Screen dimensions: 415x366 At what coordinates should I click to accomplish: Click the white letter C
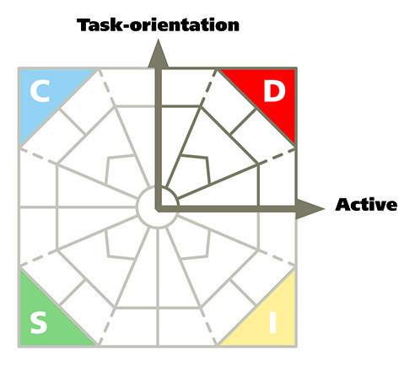40,91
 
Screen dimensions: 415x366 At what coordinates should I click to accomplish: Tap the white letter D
274,91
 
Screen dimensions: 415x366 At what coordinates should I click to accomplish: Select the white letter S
39,323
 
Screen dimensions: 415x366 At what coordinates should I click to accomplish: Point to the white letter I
272,323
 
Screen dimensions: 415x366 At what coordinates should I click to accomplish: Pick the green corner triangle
45,320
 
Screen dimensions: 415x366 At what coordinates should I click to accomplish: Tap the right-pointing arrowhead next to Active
310,208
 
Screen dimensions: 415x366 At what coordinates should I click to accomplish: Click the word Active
366,205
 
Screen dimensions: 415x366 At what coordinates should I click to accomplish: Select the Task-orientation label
158,24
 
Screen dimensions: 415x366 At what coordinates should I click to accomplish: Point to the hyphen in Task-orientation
126,26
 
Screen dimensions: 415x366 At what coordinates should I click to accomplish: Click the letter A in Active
342,205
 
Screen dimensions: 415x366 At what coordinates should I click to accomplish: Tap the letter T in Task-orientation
84,24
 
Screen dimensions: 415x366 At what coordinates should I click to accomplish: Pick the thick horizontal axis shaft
226,208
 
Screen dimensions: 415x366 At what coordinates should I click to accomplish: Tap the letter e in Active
391,207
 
